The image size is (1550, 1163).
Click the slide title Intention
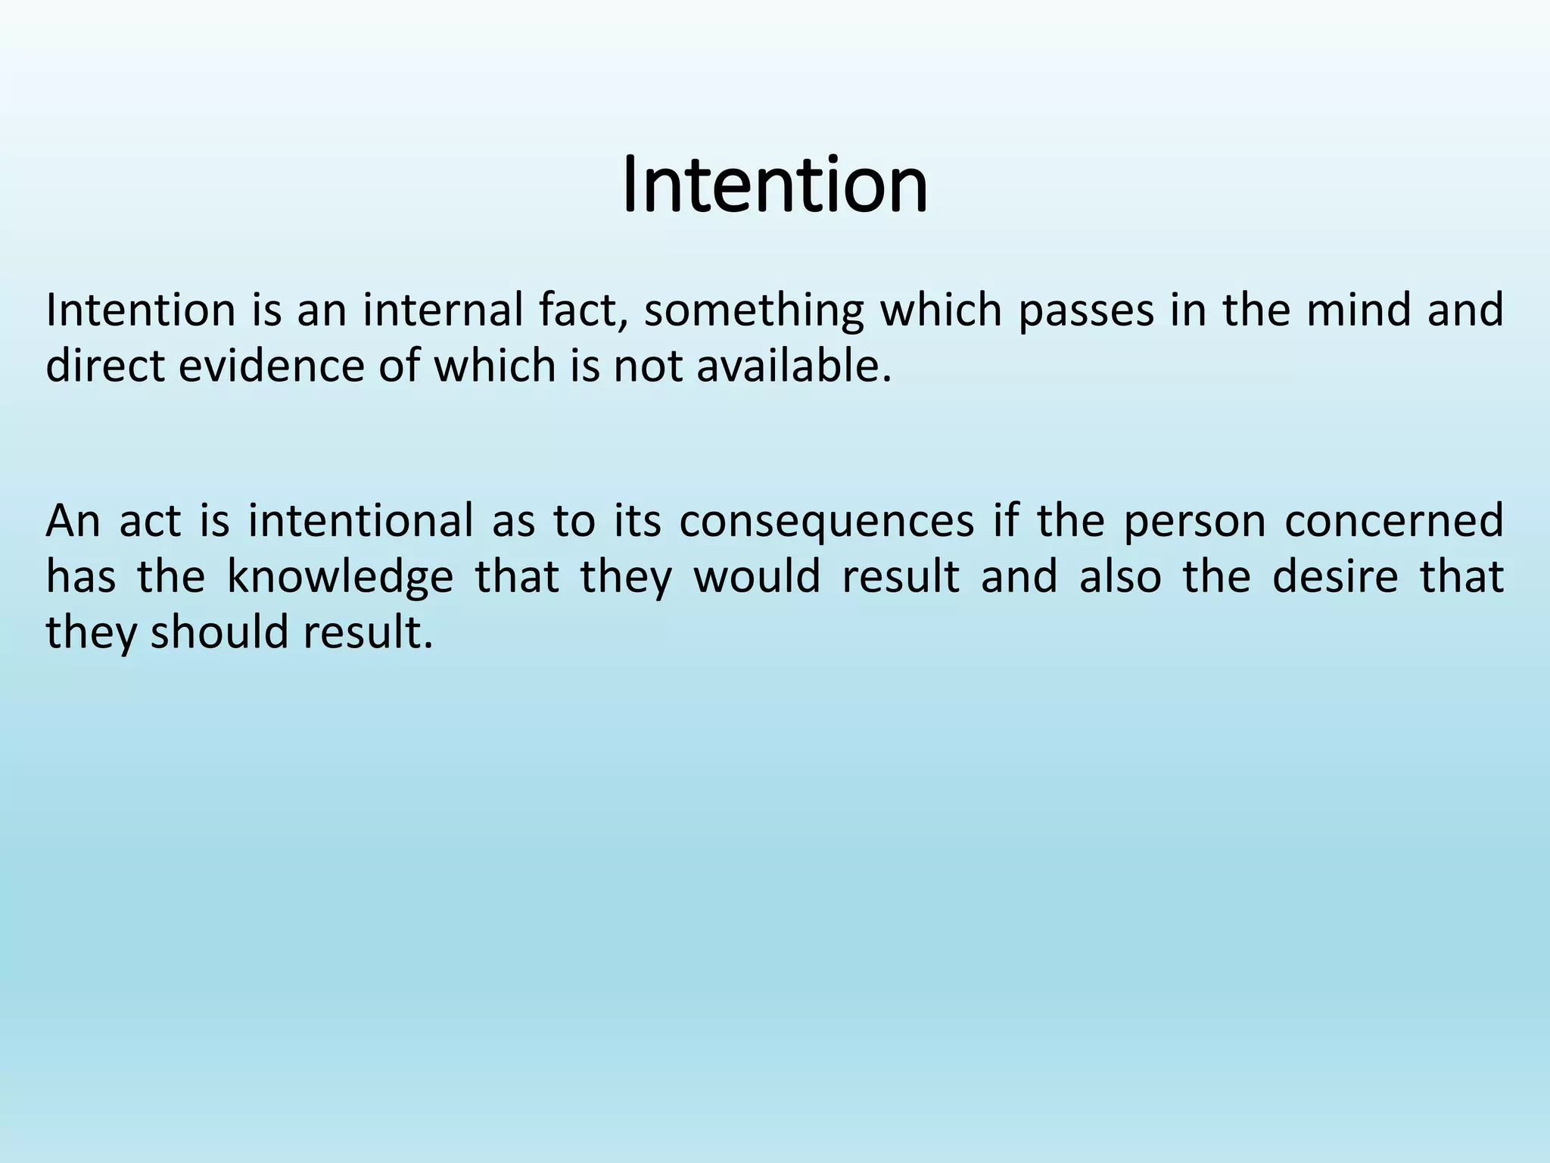coord(774,185)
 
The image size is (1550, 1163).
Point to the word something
coord(753,312)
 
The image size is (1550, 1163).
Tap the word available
coord(793,366)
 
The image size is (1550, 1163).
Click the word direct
coord(105,366)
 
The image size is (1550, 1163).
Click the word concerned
coord(1394,521)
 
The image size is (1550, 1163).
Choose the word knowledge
coord(340,577)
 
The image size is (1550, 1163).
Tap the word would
coord(758,577)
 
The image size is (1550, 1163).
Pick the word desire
coord(1335,577)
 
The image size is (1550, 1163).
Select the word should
coord(219,632)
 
